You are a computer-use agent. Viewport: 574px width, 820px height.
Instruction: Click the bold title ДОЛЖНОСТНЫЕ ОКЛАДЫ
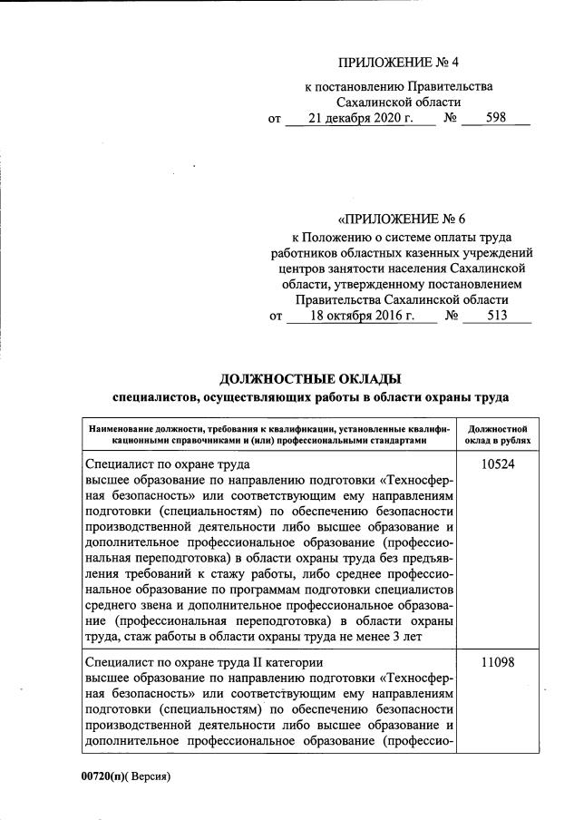(311, 378)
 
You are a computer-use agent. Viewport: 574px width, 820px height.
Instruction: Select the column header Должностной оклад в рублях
(497, 434)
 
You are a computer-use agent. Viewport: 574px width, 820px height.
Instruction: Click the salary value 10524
(497, 463)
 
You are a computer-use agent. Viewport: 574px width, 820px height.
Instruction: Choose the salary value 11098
(497, 663)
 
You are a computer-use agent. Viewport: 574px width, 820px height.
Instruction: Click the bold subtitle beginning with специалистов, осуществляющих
(311, 396)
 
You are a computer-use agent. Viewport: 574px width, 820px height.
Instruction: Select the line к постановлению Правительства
(398, 86)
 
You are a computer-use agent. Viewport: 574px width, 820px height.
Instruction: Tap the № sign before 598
(449, 119)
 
